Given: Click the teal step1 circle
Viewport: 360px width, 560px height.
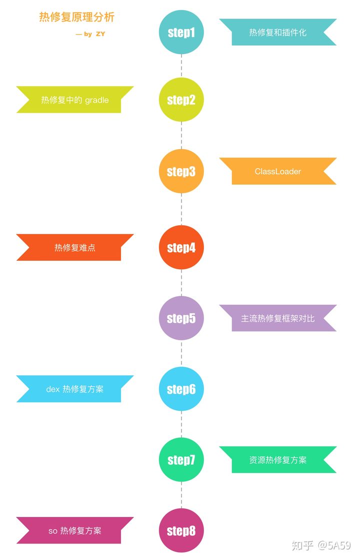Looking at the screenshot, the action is point(181,33).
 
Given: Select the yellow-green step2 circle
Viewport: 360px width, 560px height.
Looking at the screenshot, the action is point(181,100).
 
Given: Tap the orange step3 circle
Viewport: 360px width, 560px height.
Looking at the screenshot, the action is point(181,171).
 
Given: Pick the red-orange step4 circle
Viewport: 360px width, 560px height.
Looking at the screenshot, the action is point(181,247).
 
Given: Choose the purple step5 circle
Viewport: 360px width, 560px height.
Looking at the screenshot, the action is point(181,318).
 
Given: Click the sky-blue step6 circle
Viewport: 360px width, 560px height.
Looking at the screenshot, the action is point(181,389).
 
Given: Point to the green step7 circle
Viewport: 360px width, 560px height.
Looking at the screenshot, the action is point(181,459).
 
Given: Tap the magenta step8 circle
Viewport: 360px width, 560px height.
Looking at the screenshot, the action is point(181,530).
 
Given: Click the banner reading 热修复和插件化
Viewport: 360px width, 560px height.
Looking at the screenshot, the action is point(278,33).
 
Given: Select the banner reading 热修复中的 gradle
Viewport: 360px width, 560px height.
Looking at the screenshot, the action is point(74,100).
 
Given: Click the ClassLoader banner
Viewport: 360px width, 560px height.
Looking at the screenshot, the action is point(278,171).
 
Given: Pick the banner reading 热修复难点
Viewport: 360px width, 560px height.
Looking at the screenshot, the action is point(74,247).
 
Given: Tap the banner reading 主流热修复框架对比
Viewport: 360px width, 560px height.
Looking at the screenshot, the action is point(278,318).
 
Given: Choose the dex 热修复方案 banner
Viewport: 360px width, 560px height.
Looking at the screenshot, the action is point(74,389).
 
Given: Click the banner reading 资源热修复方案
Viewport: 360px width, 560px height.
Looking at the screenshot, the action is point(278,460).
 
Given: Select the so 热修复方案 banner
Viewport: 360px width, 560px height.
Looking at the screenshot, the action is point(74,530).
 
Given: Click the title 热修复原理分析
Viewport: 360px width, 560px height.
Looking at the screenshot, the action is point(77,17).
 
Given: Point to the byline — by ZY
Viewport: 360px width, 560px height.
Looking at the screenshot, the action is point(90,34).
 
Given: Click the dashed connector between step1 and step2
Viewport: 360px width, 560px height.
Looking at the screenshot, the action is point(181,66).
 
